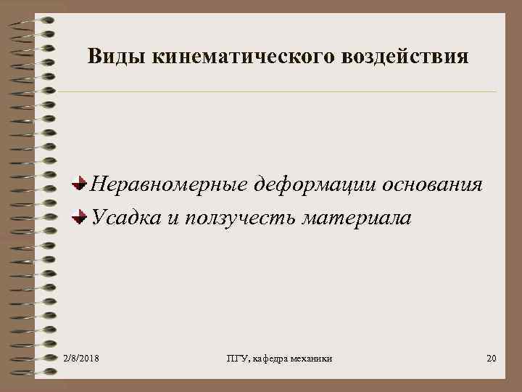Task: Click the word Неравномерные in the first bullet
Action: (167, 184)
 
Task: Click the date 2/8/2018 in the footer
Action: (81, 359)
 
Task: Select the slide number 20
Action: (491, 359)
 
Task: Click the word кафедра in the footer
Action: (266, 359)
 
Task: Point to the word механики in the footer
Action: (311, 359)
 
